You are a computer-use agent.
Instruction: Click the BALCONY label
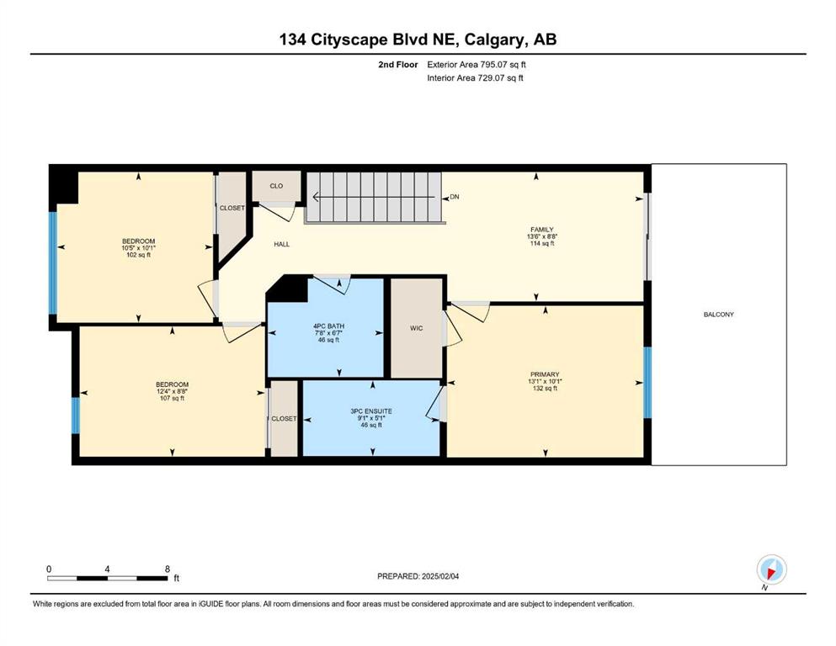(x=718, y=315)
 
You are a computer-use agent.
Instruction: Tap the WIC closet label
(x=417, y=328)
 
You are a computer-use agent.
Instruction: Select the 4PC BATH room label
(x=328, y=326)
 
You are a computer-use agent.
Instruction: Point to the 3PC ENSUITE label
(x=371, y=411)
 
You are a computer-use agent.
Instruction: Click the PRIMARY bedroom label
(x=545, y=374)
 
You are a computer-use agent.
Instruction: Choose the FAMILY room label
(x=541, y=230)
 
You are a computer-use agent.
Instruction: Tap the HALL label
(x=281, y=245)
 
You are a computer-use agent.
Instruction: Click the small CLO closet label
(x=276, y=186)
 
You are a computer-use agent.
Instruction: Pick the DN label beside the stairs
(x=455, y=197)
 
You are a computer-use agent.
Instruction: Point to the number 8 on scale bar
(x=168, y=569)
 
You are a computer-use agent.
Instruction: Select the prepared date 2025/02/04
(x=439, y=576)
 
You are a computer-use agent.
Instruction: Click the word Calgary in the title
(x=495, y=40)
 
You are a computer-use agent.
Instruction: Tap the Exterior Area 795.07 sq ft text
(x=477, y=65)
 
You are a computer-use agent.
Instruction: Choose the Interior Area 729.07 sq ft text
(x=475, y=77)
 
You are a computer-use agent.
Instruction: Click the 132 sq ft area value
(x=545, y=389)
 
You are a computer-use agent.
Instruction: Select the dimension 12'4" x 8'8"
(x=172, y=391)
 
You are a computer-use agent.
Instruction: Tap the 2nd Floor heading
(x=397, y=65)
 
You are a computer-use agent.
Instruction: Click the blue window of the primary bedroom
(x=647, y=383)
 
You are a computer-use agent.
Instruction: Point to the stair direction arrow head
(x=316, y=197)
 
